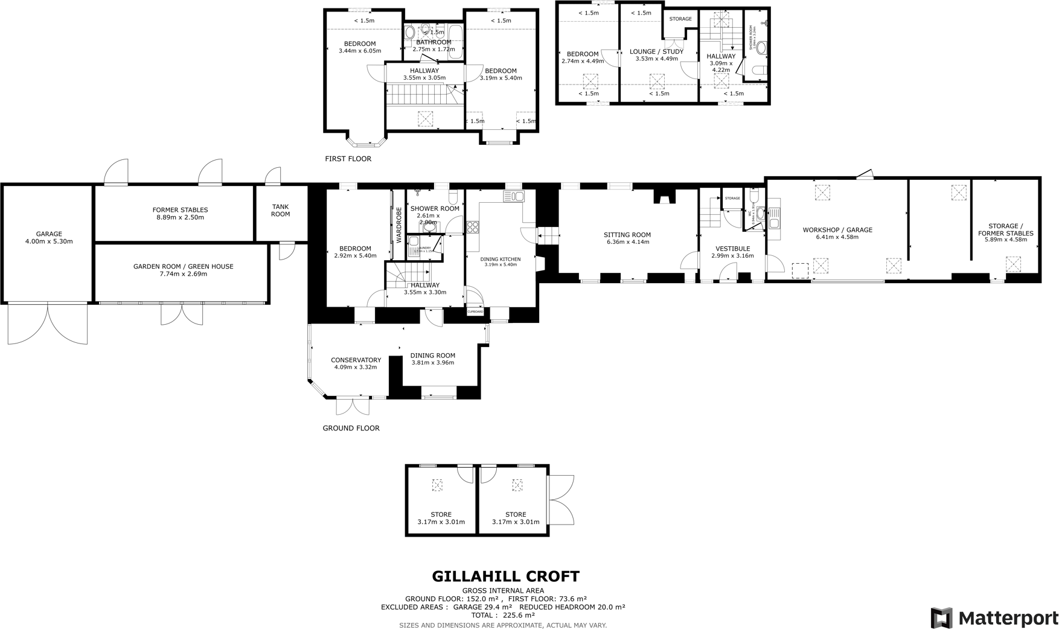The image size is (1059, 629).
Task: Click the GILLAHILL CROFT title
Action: (x=505, y=576)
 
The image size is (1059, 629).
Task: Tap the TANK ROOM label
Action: (x=280, y=210)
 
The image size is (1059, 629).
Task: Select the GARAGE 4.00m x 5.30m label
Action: (x=49, y=237)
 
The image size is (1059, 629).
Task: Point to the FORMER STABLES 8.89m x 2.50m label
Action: (x=180, y=213)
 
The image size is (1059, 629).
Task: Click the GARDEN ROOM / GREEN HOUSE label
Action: (x=183, y=270)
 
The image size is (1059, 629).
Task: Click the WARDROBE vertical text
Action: (x=398, y=225)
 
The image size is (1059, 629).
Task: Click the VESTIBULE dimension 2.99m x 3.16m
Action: (x=732, y=255)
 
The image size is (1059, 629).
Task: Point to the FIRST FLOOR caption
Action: (x=348, y=159)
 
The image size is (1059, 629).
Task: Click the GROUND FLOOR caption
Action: (x=351, y=428)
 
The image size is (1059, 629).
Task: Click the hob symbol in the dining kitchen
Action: (x=473, y=227)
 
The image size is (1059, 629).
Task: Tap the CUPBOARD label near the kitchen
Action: (x=475, y=311)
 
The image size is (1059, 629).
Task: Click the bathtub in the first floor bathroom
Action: (x=456, y=41)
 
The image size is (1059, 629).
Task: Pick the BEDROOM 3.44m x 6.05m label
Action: (x=360, y=47)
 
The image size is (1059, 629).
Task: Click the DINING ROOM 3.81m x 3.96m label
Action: (x=432, y=359)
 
